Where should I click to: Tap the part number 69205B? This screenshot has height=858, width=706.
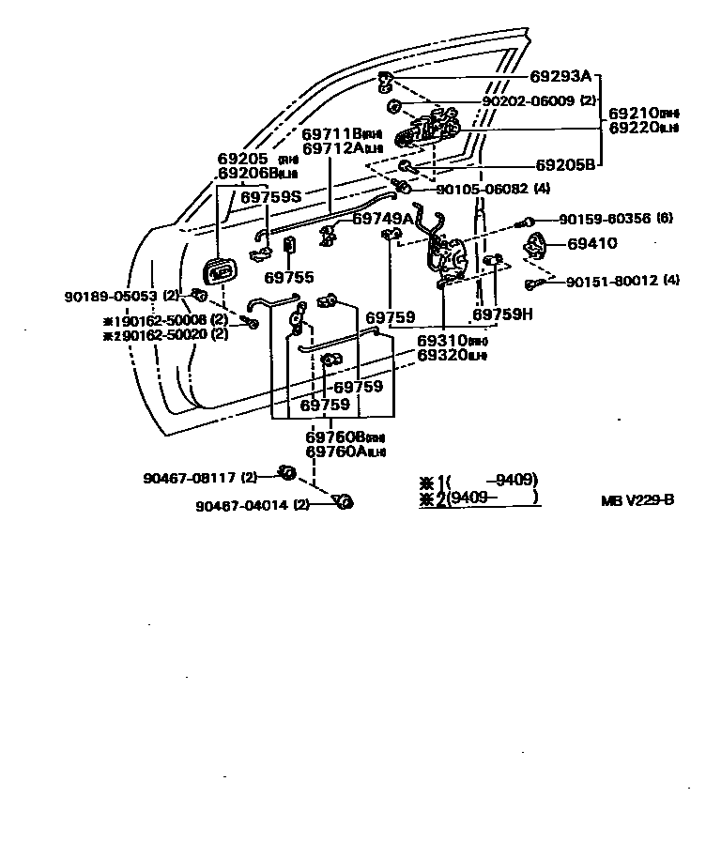566,165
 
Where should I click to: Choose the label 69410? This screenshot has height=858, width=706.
592,244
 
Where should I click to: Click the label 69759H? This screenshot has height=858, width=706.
502,315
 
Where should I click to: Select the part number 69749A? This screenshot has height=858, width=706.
383,219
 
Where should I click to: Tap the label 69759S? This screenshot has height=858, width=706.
271,198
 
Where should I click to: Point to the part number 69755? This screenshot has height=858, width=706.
288,278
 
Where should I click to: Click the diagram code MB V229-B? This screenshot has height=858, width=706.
637,499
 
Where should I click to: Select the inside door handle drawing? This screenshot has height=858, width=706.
221,273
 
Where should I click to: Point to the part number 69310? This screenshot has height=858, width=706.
443,341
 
